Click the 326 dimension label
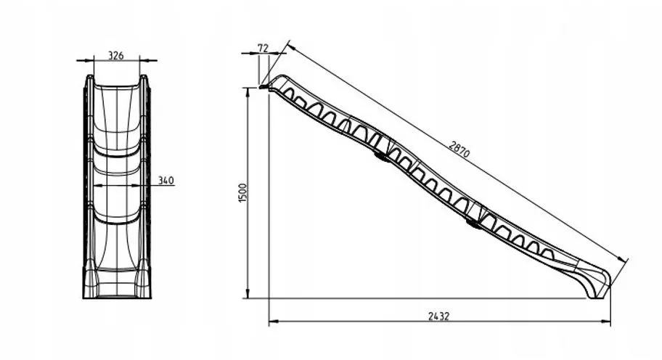coord(116,55)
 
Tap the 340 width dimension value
coord(166,180)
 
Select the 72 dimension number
coord(263,48)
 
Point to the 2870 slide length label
coord(459,150)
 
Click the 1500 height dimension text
coord(242,193)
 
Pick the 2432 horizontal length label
coord(439,316)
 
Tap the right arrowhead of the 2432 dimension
coord(606,322)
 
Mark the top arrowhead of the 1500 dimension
coord(248,93)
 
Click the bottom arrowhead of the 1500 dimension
coord(248,293)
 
